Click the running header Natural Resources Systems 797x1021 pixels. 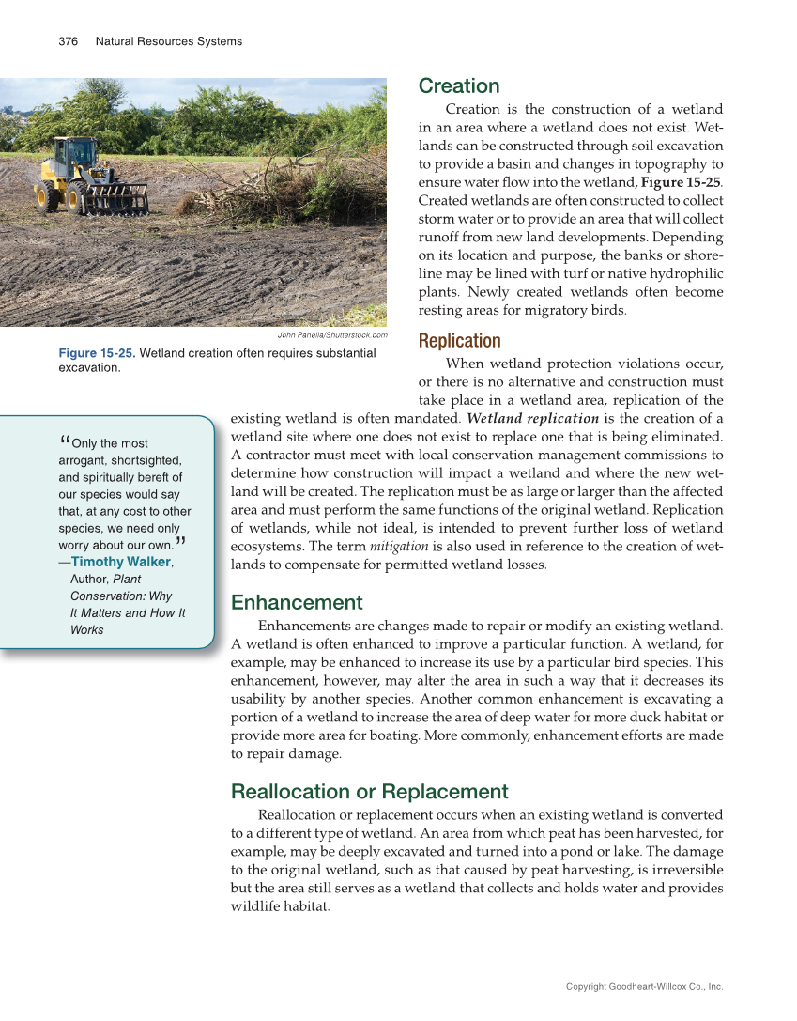click(x=169, y=41)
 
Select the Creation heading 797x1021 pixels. click(x=459, y=86)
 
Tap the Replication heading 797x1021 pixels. click(x=460, y=340)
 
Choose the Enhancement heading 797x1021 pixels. click(x=297, y=602)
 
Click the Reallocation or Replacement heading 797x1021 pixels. click(x=370, y=791)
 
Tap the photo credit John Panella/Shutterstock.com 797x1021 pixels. click(x=332, y=335)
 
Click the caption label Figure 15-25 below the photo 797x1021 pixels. click(x=97, y=353)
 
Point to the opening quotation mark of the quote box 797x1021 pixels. click(x=64, y=441)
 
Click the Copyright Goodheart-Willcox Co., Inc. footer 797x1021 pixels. click(x=644, y=987)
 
